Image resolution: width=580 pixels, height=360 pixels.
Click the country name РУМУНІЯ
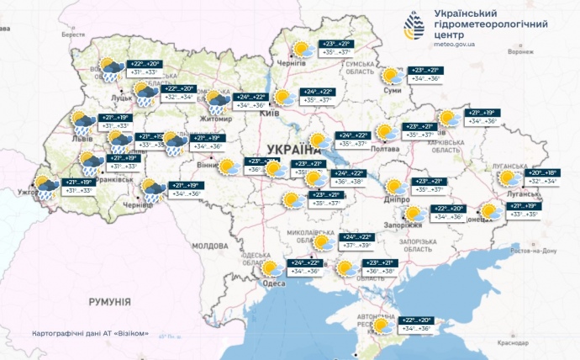(110, 300)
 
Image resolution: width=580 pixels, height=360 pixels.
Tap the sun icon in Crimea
(382, 325)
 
